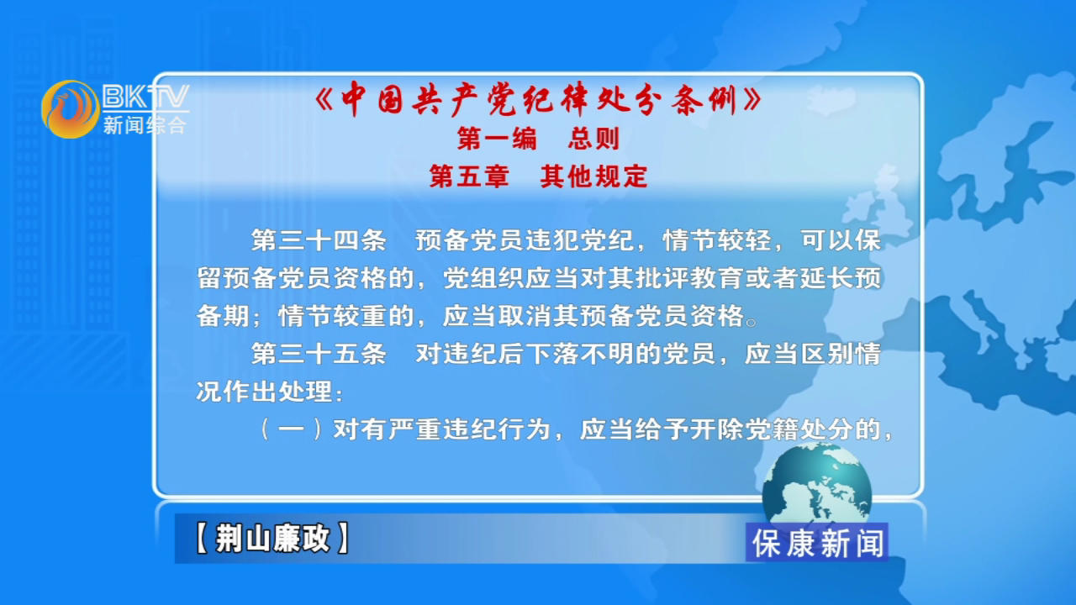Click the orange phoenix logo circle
[x=70, y=109]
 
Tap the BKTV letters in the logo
[x=146, y=97]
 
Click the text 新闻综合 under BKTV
[x=145, y=125]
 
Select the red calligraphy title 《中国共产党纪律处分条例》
[x=538, y=98]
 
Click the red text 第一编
[x=496, y=139]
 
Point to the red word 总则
[x=593, y=139]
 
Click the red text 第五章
[x=469, y=176]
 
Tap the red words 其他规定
[x=594, y=176]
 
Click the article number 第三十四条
[x=319, y=240]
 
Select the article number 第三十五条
[x=319, y=354]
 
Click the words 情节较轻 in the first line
[x=717, y=240]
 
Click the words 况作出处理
[x=264, y=392]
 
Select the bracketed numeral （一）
[x=291, y=429]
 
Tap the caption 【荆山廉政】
[x=272, y=539]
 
